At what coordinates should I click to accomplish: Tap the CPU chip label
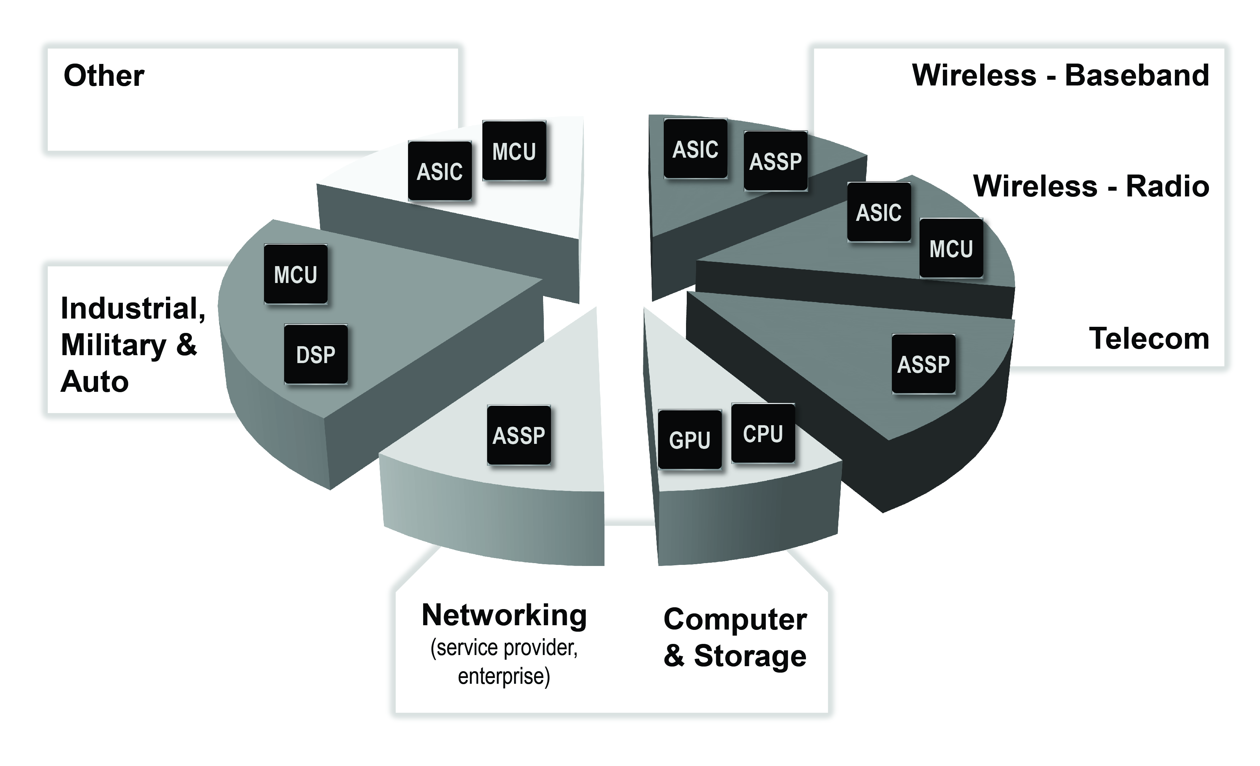(x=763, y=433)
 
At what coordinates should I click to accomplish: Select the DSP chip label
(x=315, y=354)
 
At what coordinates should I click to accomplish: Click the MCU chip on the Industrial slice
(x=296, y=275)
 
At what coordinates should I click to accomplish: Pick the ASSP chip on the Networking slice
(x=519, y=436)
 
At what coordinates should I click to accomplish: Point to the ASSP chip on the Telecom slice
(x=923, y=364)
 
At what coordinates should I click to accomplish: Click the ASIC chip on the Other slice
(x=439, y=171)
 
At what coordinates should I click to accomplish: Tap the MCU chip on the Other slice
(x=514, y=151)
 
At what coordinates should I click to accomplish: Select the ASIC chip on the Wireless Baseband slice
(x=695, y=149)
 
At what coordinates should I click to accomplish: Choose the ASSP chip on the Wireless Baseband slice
(x=775, y=161)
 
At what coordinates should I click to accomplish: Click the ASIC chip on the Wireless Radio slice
(x=879, y=212)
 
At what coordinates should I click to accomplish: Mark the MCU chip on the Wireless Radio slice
(x=951, y=249)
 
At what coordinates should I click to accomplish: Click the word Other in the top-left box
(x=104, y=76)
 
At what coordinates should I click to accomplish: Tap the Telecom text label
(x=1149, y=339)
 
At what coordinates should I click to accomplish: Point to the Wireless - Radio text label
(x=1091, y=186)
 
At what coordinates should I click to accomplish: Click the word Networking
(x=504, y=615)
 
